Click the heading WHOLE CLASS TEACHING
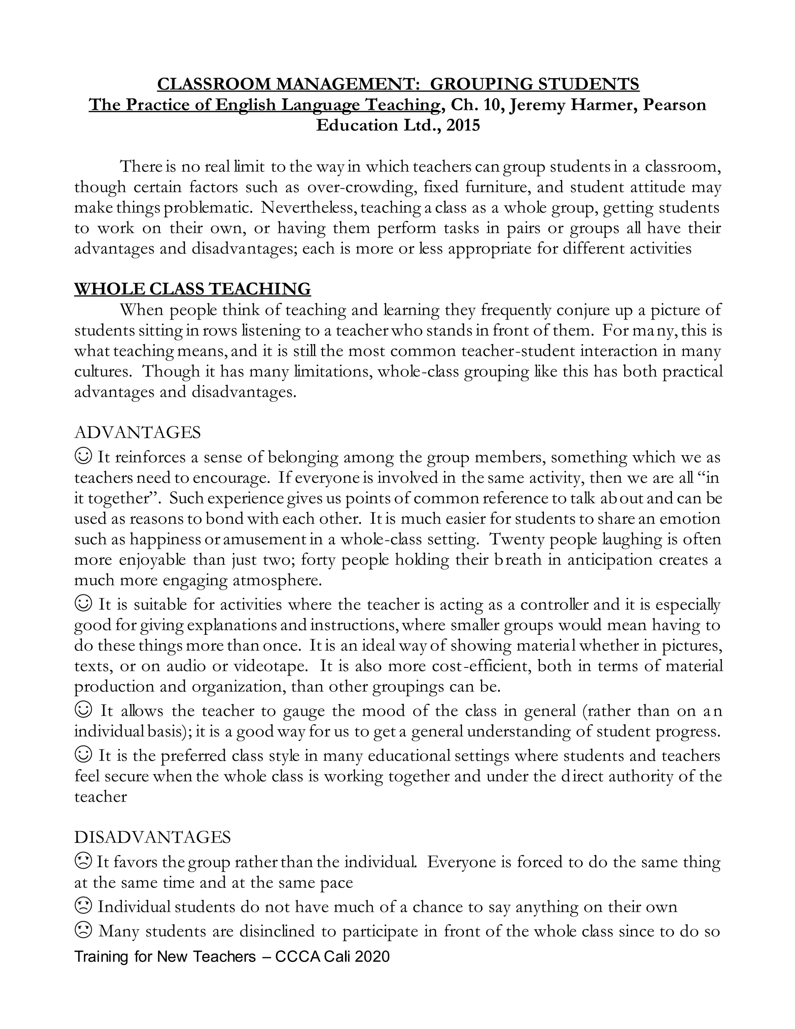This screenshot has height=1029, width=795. tap(192, 289)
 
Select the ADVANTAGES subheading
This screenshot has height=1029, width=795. tap(137, 432)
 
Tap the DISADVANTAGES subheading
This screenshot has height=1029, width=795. tap(153, 837)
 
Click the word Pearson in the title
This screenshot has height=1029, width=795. tap(674, 104)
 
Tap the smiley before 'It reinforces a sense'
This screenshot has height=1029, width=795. tap(83, 456)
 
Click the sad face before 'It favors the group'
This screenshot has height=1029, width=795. tap(83, 861)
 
